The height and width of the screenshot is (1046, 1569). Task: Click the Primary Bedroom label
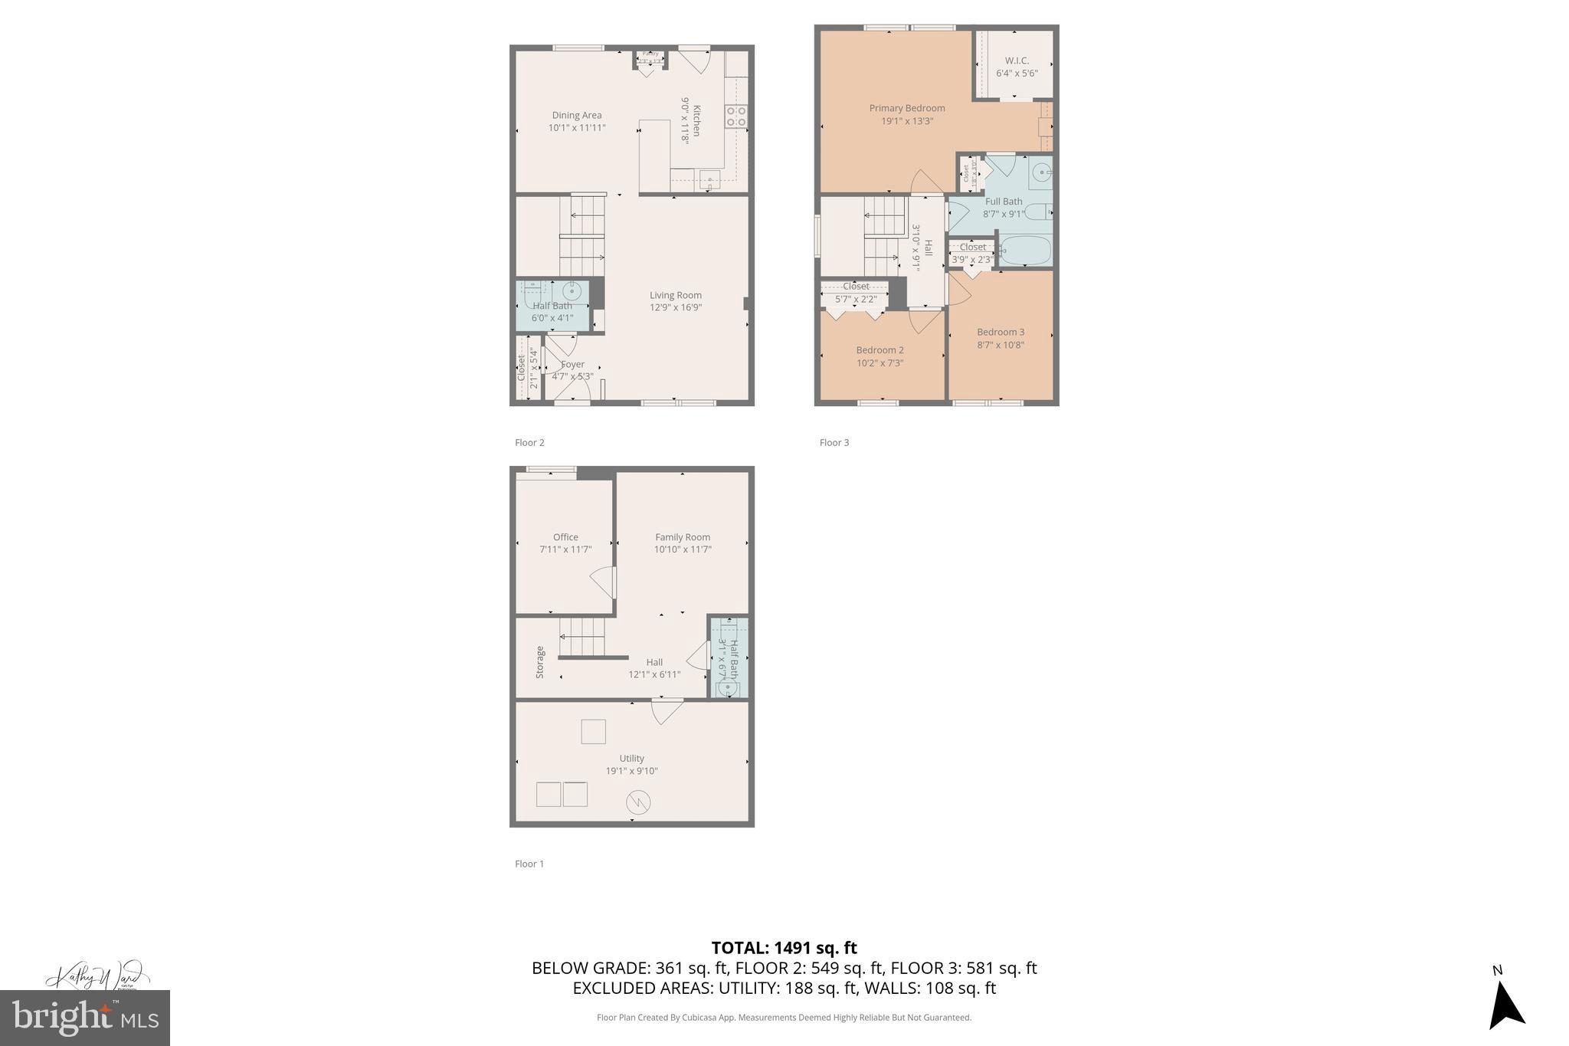(x=906, y=108)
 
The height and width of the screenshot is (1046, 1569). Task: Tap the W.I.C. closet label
(x=1017, y=61)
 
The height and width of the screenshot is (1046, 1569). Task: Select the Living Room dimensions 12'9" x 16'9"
(x=675, y=307)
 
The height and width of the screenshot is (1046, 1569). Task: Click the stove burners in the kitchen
(x=736, y=116)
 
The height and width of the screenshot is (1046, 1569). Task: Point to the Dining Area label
(x=576, y=116)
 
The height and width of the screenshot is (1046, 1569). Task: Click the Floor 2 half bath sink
(x=571, y=290)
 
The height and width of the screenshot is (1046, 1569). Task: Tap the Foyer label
(x=572, y=365)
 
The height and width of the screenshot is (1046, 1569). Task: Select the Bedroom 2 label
(x=879, y=350)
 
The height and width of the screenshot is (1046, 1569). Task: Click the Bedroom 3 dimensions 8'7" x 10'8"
(x=1001, y=345)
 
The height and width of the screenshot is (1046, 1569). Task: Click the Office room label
(x=565, y=537)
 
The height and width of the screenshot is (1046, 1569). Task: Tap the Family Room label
(x=682, y=537)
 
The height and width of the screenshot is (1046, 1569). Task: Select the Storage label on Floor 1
(x=540, y=662)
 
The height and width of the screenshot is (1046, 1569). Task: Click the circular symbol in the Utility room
(x=638, y=802)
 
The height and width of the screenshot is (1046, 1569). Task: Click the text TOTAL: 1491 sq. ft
(x=784, y=948)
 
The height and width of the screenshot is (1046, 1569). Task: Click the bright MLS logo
(x=85, y=1018)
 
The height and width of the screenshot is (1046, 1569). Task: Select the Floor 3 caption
(x=834, y=442)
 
